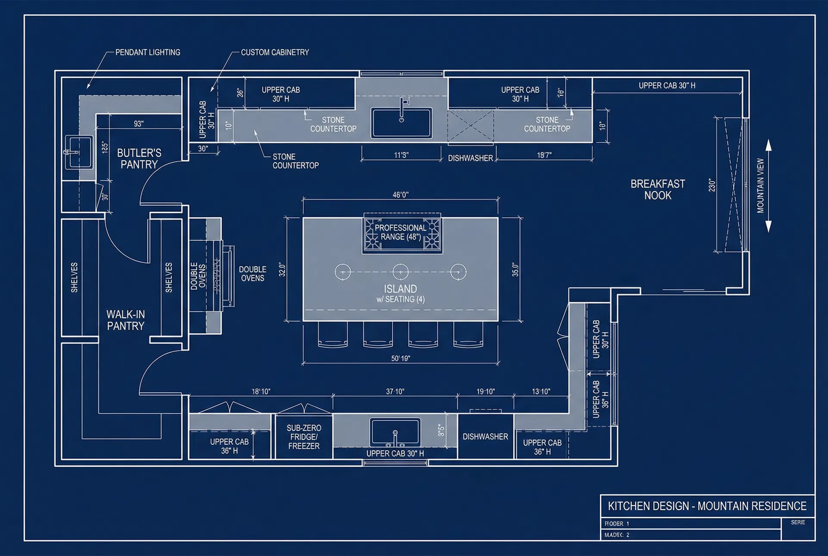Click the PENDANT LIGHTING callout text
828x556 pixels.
[147, 52]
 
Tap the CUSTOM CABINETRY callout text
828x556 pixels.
[275, 52]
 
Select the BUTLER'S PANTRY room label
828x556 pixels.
[139, 158]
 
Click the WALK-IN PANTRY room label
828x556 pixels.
[125, 320]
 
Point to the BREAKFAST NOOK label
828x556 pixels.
[658, 190]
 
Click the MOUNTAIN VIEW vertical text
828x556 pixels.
[760, 186]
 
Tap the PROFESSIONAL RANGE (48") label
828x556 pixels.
[400, 232]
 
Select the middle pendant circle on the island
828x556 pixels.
[401, 272]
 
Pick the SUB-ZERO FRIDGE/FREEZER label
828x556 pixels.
[304, 437]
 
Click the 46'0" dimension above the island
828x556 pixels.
[401, 195]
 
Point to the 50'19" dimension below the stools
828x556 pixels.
[401, 358]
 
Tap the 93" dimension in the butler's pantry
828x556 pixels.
[138, 124]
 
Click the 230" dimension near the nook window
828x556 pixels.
[712, 186]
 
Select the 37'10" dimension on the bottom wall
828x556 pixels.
[395, 392]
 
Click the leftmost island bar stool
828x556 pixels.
[332, 335]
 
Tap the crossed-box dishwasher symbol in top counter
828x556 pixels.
[470, 126]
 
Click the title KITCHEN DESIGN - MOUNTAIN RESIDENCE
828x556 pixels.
[707, 506]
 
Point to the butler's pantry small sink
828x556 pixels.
[78, 152]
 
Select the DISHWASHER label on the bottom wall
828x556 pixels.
[485, 437]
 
